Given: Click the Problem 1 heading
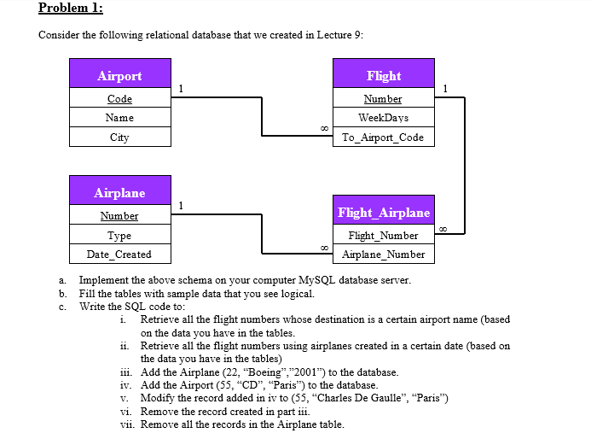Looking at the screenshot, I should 71,9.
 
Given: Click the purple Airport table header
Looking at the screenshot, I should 119,76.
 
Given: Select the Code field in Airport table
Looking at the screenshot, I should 119,99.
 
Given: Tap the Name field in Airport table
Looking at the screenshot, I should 119,118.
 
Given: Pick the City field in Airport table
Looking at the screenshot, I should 119,138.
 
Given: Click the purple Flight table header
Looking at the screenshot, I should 383,76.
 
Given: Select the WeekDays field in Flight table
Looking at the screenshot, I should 383,118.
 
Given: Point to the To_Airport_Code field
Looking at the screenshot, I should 383,138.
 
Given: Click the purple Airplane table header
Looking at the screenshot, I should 119,193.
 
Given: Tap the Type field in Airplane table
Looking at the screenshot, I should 119,236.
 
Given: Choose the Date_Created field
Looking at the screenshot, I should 119,255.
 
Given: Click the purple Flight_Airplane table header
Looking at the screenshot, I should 383,213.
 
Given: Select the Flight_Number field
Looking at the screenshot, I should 383,236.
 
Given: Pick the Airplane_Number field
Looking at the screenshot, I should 383,255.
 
